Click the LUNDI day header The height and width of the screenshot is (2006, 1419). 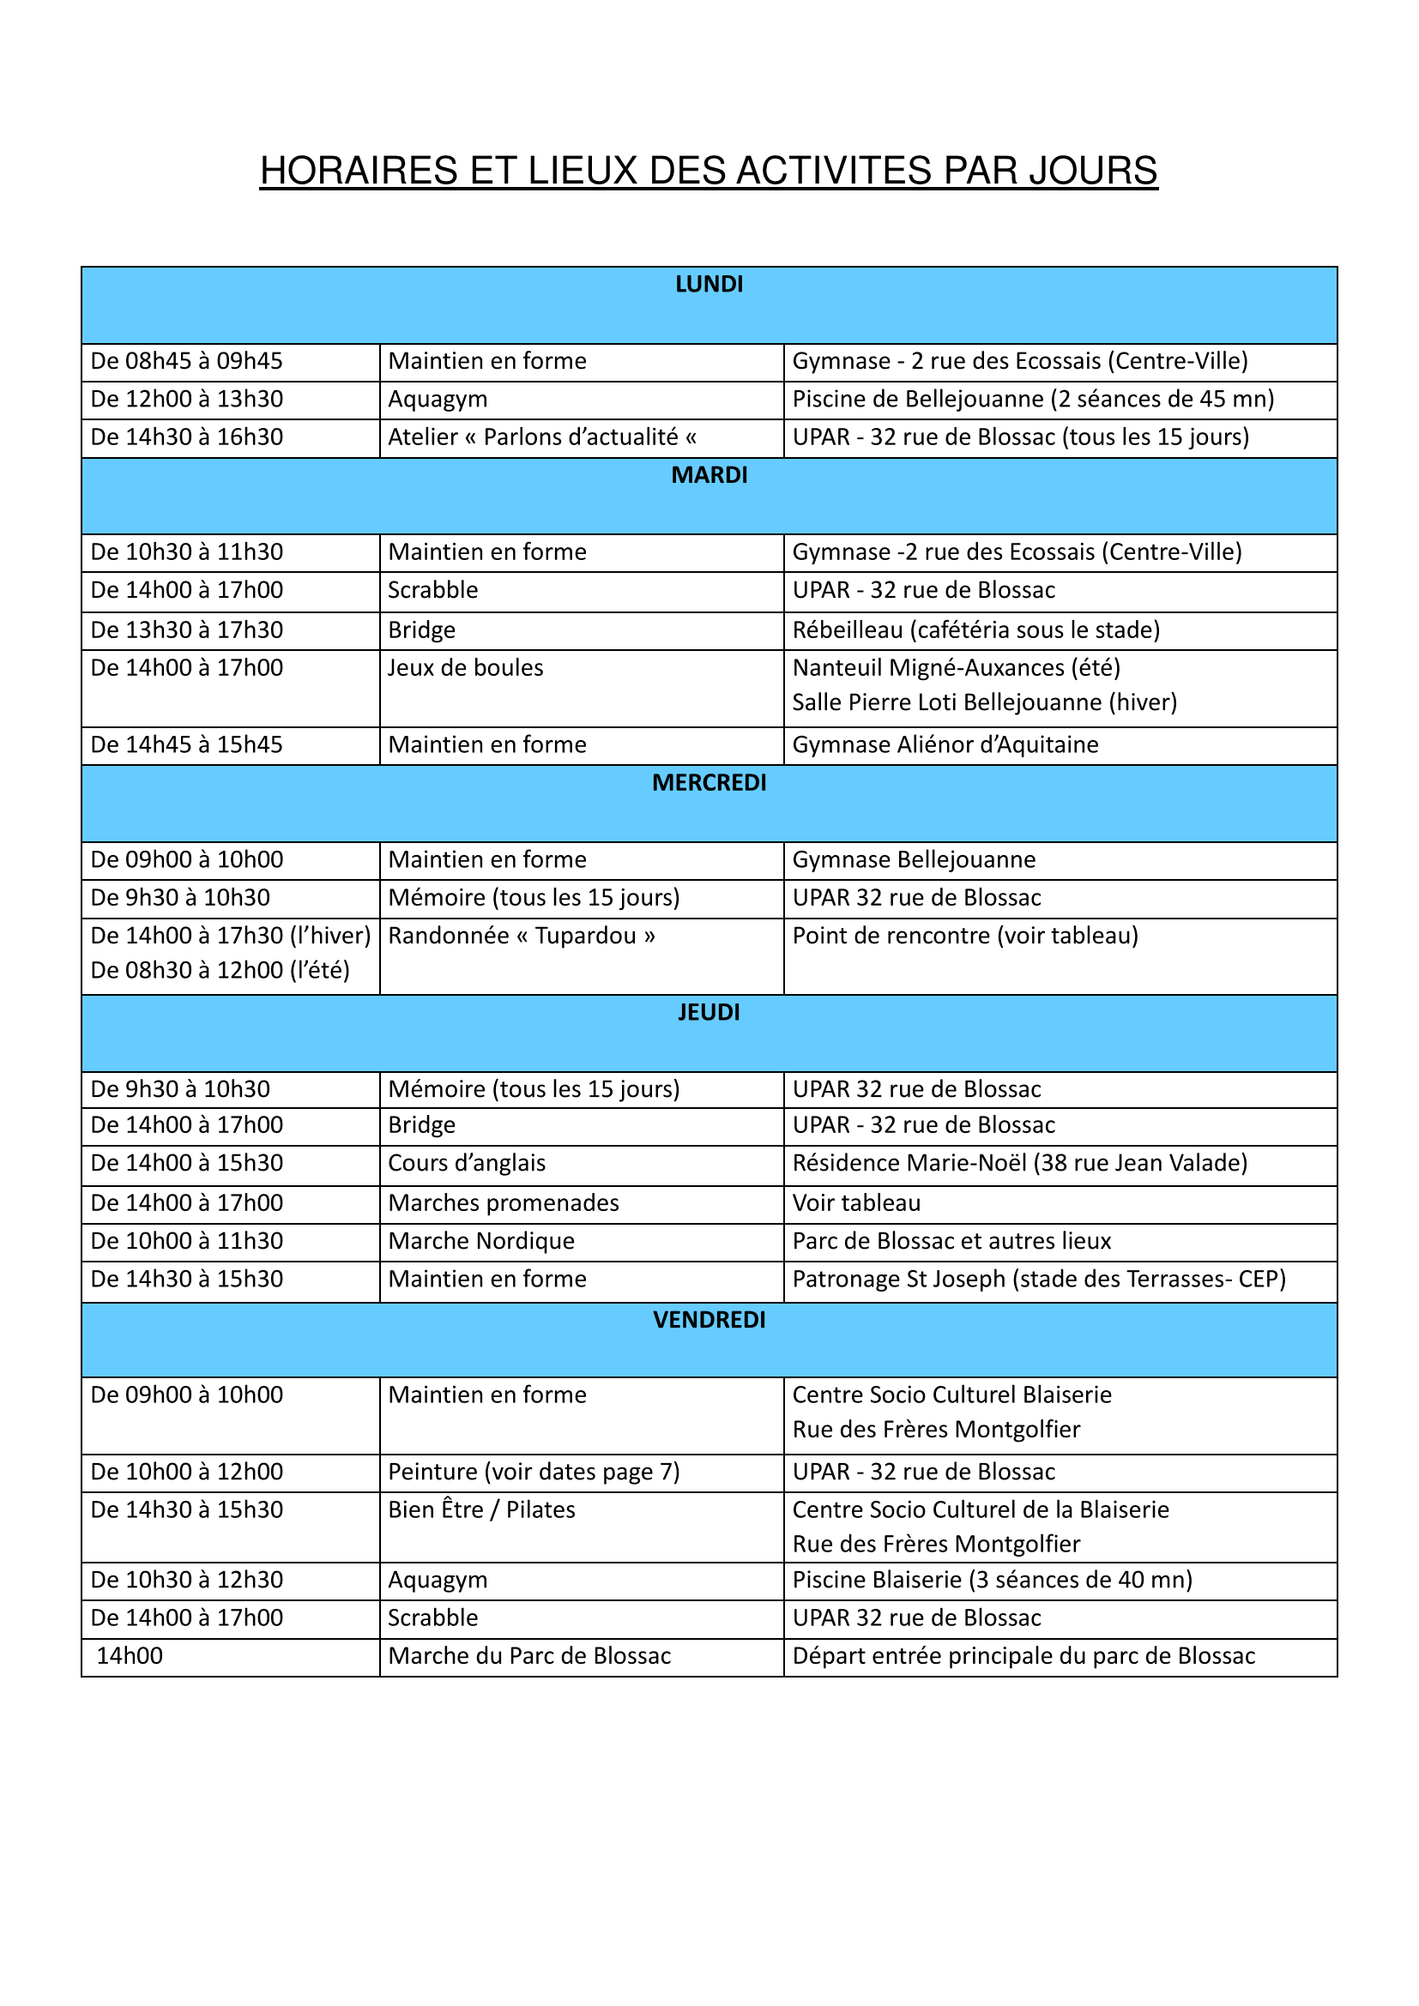709,285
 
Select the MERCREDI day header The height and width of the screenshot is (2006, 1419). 709,783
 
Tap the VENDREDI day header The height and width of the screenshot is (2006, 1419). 709,1319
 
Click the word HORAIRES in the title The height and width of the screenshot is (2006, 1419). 359,172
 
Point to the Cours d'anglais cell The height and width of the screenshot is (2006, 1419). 467,1163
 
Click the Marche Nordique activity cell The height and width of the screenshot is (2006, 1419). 481,1241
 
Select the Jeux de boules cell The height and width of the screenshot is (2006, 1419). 466,668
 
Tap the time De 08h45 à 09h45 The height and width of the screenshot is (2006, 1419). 187,361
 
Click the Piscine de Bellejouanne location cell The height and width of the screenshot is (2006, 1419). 1033,400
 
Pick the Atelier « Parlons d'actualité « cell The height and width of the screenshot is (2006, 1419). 541,437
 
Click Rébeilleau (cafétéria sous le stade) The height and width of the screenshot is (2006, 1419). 975,630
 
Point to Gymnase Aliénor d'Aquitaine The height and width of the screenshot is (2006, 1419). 945,744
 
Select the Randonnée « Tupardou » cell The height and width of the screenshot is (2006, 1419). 522,936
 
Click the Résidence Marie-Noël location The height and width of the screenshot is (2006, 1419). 1019,1163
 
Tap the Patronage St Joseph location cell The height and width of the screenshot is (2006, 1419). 1038,1279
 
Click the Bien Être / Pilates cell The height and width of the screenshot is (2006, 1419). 481,1509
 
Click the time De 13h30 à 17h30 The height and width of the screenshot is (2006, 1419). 187,630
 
